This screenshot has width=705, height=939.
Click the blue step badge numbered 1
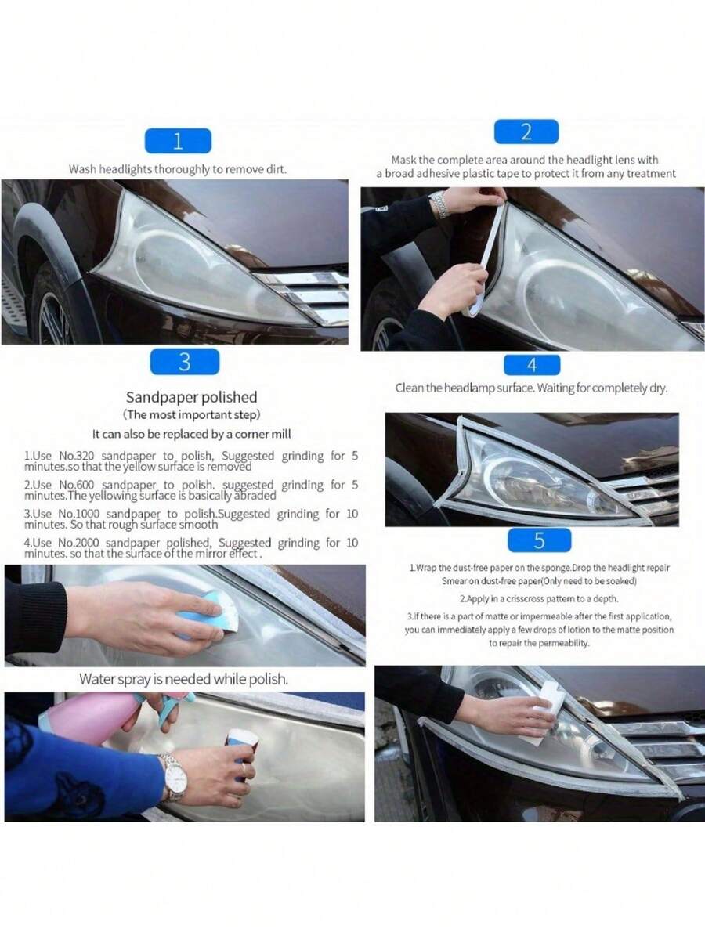click(178, 141)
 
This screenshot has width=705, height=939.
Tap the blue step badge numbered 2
click(526, 132)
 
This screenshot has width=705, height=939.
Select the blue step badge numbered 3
click(185, 362)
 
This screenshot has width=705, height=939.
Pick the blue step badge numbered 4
click(532, 365)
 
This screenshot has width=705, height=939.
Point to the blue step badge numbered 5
click(539, 540)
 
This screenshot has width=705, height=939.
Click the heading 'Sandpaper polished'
click(191, 397)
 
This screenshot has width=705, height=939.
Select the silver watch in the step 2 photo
click(439, 205)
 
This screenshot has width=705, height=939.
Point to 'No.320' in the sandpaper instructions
click(76, 456)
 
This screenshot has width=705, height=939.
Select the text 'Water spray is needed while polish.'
click(184, 679)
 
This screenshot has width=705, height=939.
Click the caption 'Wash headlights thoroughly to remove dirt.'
click(178, 169)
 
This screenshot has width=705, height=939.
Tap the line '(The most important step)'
click(191, 414)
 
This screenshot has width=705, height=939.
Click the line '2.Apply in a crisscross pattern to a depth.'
click(538, 598)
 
